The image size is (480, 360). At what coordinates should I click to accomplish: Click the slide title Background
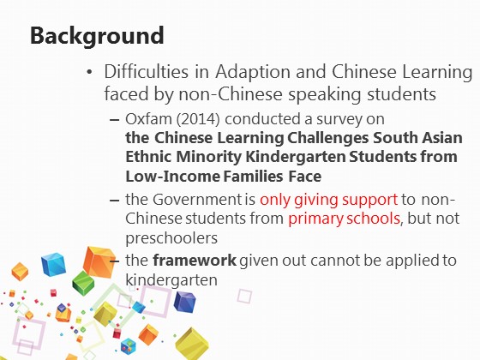click(97, 36)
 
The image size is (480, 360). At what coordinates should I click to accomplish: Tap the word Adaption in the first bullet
click(253, 72)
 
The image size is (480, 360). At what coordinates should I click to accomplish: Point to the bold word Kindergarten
click(296, 157)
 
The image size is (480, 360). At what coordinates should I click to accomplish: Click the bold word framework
click(195, 261)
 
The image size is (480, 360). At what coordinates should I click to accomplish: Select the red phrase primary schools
click(344, 219)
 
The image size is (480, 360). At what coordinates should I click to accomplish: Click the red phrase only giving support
click(328, 201)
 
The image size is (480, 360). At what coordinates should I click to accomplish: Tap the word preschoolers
click(171, 238)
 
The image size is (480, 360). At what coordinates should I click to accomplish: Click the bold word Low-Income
click(173, 177)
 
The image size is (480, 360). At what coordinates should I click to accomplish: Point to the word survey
click(335, 120)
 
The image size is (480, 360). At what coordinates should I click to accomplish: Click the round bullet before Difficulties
click(89, 72)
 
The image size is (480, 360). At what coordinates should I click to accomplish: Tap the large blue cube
click(53, 264)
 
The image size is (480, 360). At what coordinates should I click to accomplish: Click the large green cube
click(83, 283)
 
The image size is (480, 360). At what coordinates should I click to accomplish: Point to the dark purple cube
click(184, 302)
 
